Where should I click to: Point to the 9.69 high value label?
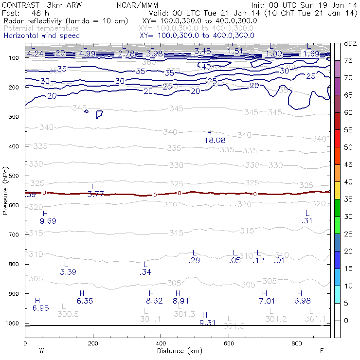[48, 221]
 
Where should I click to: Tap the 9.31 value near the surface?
[208, 323]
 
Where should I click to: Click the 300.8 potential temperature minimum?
[68, 314]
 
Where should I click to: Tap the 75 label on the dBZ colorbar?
[349, 61]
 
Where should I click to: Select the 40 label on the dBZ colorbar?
[349, 182]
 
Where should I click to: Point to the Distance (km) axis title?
[177, 351]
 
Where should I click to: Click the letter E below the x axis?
[322, 351]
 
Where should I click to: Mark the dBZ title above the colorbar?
[350, 43]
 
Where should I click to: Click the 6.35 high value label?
[85, 301]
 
